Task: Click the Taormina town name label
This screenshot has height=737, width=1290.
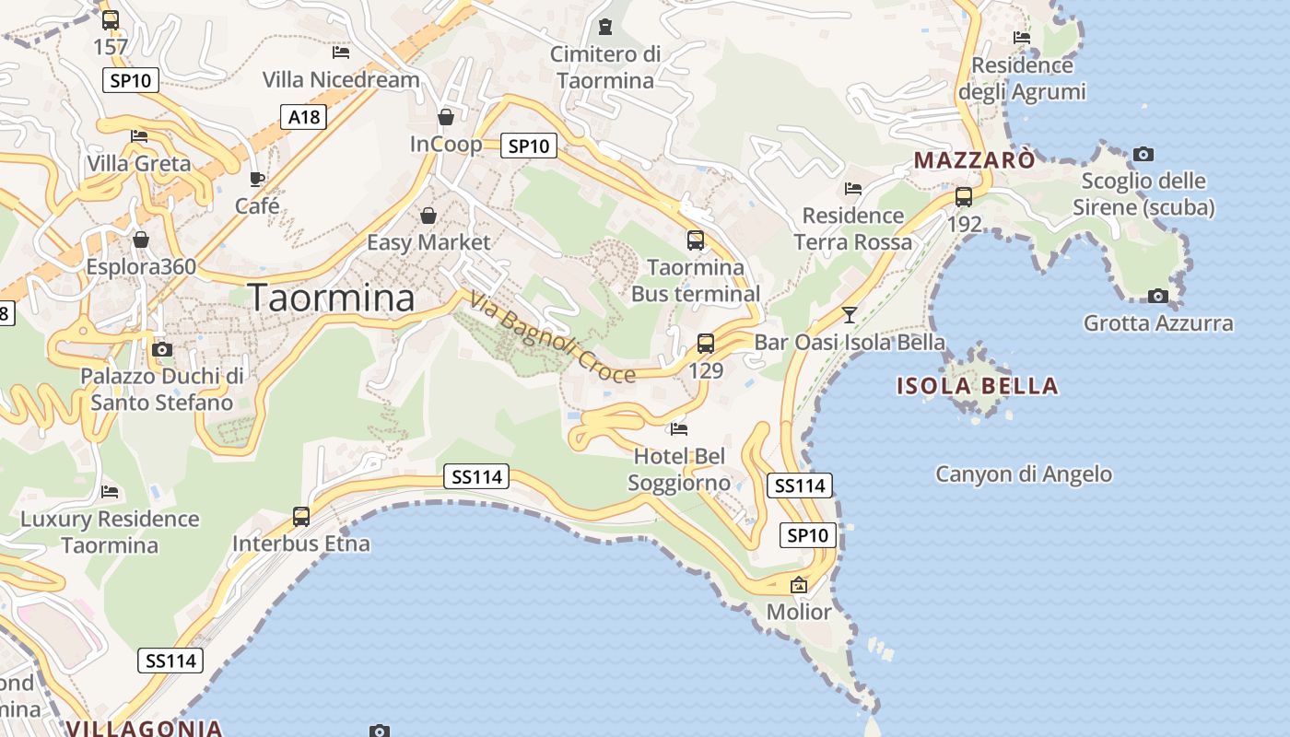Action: coord(332,298)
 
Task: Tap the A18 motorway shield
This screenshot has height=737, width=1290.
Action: coord(303,116)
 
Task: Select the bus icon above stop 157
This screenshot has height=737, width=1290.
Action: coord(111,19)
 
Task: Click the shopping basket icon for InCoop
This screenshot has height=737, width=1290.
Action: coord(446,117)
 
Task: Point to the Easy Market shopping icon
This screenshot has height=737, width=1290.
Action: coord(428,216)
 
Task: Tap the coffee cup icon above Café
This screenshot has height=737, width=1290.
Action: coord(257,179)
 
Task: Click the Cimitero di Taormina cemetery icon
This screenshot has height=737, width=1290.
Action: coord(605,27)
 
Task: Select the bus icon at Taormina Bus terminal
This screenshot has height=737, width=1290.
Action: coord(696,240)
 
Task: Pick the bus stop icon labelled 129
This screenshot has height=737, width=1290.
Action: coord(706,344)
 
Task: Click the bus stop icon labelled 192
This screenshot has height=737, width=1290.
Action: coord(964,196)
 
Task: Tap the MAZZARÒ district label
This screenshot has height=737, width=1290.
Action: coord(974,160)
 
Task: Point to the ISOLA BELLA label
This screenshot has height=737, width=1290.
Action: coord(978,386)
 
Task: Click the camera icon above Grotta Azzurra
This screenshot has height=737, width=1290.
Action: coord(1158,296)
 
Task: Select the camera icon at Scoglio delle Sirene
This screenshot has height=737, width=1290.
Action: coord(1143,154)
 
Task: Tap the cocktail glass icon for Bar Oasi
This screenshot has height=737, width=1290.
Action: coord(850,314)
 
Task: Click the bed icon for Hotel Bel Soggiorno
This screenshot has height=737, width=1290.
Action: coord(679,428)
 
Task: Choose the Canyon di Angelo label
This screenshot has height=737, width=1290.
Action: coord(1024,474)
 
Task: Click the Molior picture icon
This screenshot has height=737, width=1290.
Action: coord(799,585)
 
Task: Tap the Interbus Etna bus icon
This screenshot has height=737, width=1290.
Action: coord(301,517)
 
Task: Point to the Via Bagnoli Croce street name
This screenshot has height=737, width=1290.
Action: coord(552,337)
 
